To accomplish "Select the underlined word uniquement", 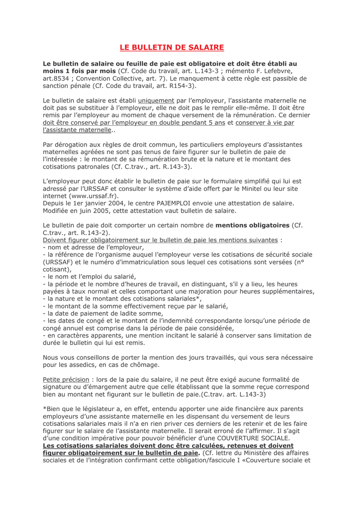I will [x=153, y=100].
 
